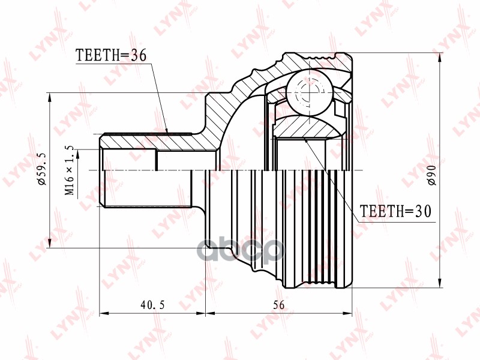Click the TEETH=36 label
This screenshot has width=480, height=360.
point(111,56)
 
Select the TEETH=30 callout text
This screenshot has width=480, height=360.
point(395,211)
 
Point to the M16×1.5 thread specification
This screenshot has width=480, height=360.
point(70,170)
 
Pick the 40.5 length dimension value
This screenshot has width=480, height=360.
point(152,305)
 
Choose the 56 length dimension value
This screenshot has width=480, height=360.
point(278,305)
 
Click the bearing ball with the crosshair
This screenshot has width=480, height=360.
point(308,91)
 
